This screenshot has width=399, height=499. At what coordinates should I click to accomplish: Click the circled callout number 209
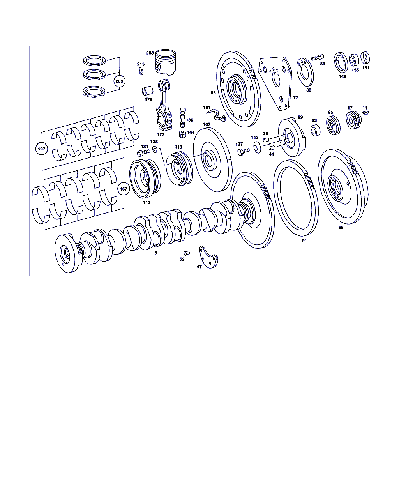pyautogui.click(x=119, y=81)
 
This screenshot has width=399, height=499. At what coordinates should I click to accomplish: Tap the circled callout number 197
pyautogui.click(x=42, y=149)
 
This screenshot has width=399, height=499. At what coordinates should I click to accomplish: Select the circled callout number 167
pyautogui.click(x=124, y=189)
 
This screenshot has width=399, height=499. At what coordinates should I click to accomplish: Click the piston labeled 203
pyautogui.click(x=165, y=62)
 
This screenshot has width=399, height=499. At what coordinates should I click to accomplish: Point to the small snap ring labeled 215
pyautogui.click(x=141, y=71)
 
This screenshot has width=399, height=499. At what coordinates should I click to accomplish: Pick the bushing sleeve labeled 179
pyautogui.click(x=147, y=91)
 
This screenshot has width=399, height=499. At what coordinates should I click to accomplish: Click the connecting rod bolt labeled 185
pyautogui.click(x=183, y=118)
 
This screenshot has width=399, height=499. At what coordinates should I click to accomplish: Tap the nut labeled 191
pyautogui.click(x=183, y=134)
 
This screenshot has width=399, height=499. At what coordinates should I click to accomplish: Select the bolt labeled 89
pyautogui.click(x=318, y=57)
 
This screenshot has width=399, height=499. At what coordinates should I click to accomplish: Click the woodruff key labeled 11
pyautogui.click(x=365, y=113)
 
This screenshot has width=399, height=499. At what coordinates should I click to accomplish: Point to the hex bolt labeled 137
pyautogui.click(x=243, y=152)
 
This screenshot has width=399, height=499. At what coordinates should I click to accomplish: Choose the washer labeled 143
pyautogui.click(x=257, y=147)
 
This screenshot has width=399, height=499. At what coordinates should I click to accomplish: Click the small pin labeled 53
pyautogui.click(x=187, y=253)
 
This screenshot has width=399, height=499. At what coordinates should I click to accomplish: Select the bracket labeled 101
pyautogui.click(x=217, y=115)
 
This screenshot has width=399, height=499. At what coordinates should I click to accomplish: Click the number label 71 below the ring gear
pyautogui.click(x=304, y=241)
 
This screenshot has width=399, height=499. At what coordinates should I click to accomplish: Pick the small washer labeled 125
pyautogui.click(x=155, y=150)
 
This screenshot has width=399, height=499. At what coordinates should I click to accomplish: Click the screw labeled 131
pyautogui.click(x=143, y=152)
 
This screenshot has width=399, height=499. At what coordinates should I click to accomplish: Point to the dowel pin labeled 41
pyautogui.click(x=272, y=148)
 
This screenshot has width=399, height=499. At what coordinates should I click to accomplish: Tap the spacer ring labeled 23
pyautogui.click(x=315, y=130)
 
